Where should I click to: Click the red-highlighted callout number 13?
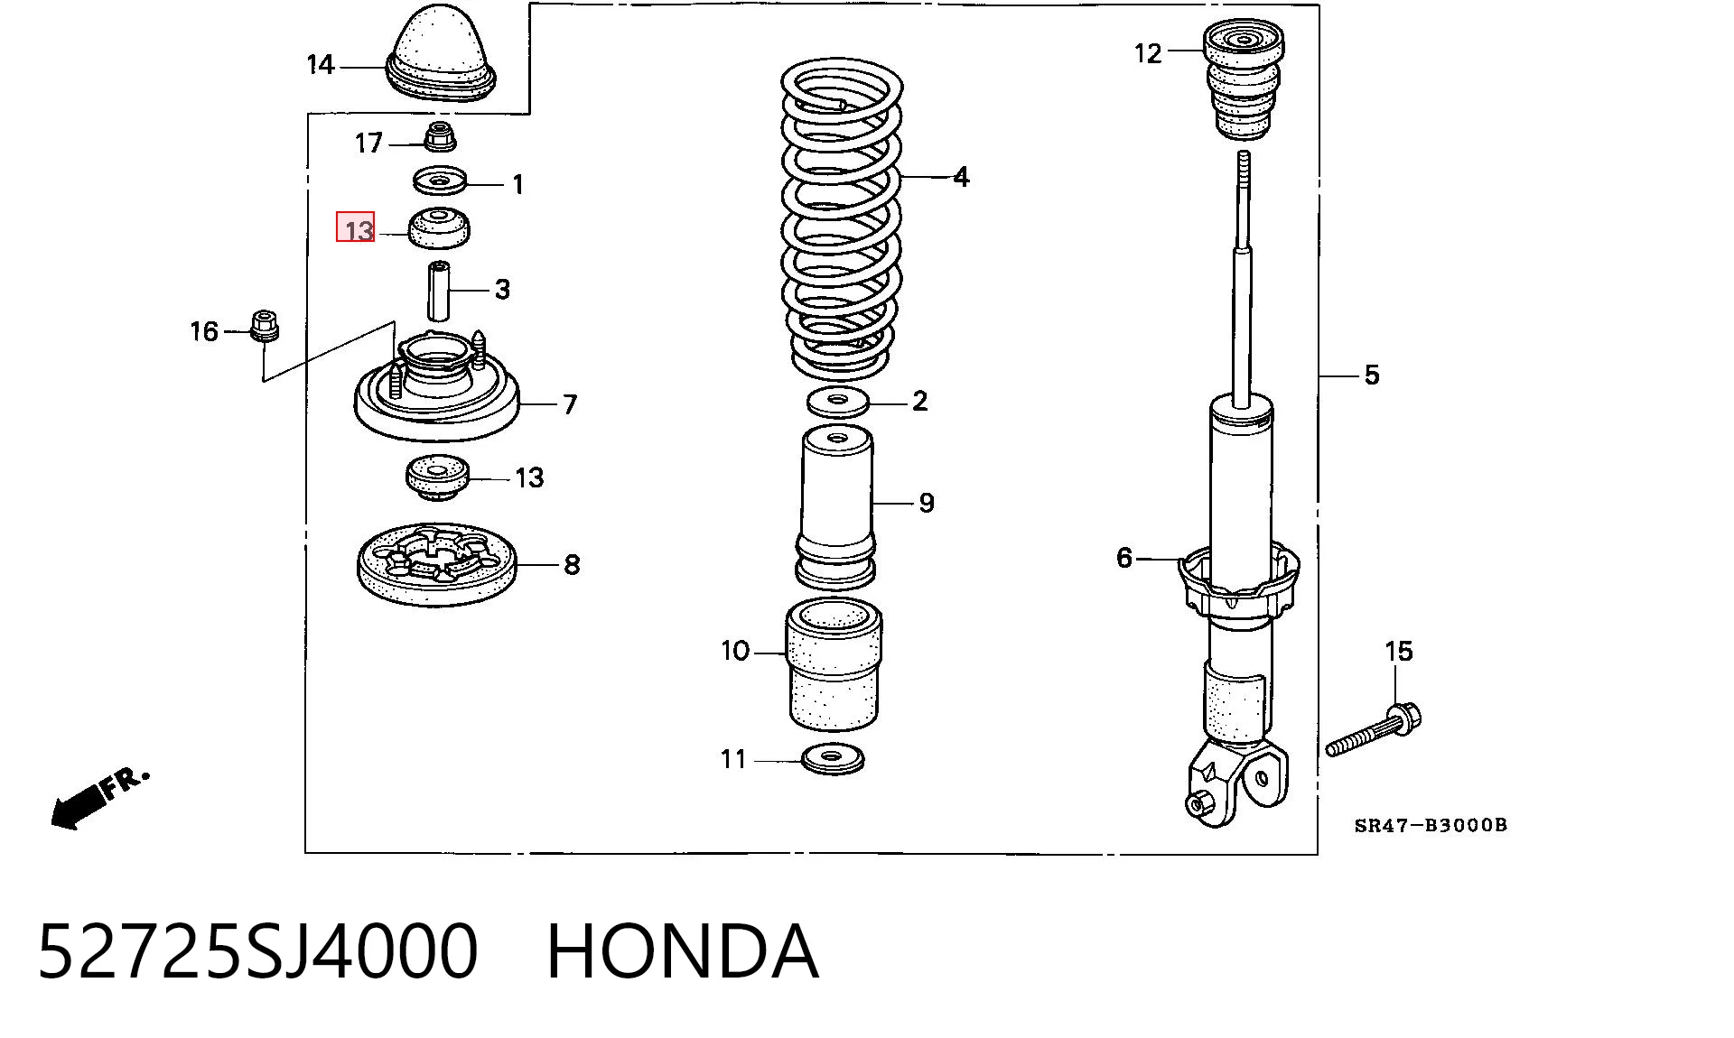(356, 227)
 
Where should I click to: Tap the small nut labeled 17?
(441, 136)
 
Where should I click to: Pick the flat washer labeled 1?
(440, 181)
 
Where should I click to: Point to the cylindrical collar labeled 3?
(439, 290)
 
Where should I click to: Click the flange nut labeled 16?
(263, 326)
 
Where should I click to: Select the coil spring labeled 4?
(842, 218)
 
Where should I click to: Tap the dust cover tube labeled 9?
(837, 507)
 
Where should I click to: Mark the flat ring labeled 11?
(833, 759)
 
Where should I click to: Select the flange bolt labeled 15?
(1373, 731)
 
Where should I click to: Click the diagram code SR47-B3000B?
(1431, 825)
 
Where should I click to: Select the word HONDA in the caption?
(683, 951)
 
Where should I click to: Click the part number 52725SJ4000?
(257, 951)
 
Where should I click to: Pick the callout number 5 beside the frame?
(1371, 375)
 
